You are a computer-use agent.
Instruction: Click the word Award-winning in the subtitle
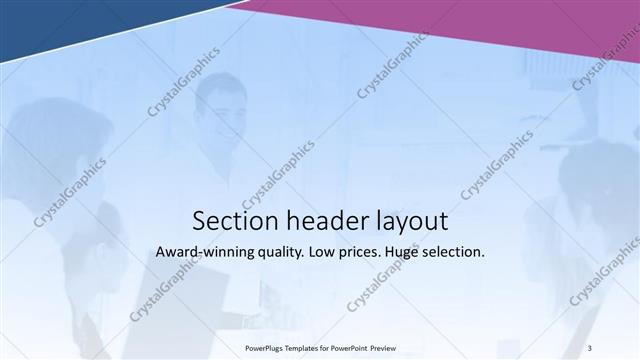point(203,253)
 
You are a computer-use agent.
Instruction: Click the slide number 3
point(590,347)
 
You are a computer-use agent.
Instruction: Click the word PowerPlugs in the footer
point(265,348)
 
